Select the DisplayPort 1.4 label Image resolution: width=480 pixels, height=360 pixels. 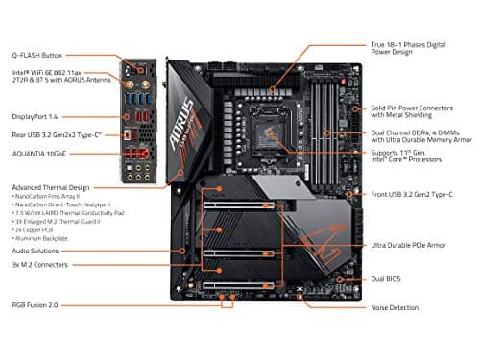35,117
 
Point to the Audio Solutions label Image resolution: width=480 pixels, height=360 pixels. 37,252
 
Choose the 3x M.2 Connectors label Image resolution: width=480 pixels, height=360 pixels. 39,264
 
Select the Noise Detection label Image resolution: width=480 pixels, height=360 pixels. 396,307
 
